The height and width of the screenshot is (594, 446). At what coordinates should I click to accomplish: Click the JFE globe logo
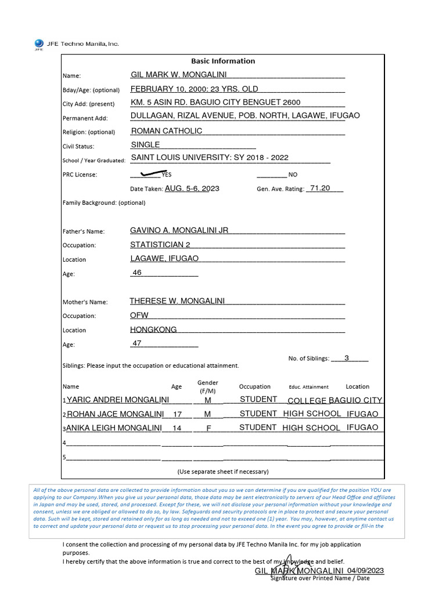click(x=39, y=44)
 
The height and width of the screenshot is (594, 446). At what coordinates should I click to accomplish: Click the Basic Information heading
click(x=223, y=61)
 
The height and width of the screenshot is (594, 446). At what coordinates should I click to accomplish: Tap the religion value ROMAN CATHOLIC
click(x=167, y=131)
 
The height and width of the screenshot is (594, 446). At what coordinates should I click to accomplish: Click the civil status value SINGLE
click(x=145, y=145)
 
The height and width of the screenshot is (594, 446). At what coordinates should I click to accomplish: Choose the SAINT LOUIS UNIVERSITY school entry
click(x=209, y=158)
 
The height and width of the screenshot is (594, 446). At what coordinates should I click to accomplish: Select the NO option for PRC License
click(x=293, y=175)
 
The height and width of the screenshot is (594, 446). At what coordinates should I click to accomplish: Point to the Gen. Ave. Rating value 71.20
click(x=320, y=188)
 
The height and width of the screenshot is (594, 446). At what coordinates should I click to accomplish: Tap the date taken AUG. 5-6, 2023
click(x=192, y=188)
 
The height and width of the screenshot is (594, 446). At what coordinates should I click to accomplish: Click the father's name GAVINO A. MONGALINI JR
click(x=179, y=230)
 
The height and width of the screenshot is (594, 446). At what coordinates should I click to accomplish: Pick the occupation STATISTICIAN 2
click(x=160, y=245)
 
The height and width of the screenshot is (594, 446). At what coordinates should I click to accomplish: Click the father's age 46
click(x=137, y=273)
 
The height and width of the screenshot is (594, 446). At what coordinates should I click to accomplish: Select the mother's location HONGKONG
click(x=153, y=329)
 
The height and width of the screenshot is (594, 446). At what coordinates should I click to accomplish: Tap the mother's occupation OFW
click(x=139, y=316)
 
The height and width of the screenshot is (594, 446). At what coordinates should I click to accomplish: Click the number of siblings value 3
click(x=347, y=358)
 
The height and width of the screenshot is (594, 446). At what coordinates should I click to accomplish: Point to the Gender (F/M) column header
click(x=208, y=386)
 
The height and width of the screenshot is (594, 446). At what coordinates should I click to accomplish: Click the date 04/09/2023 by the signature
click(x=366, y=571)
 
